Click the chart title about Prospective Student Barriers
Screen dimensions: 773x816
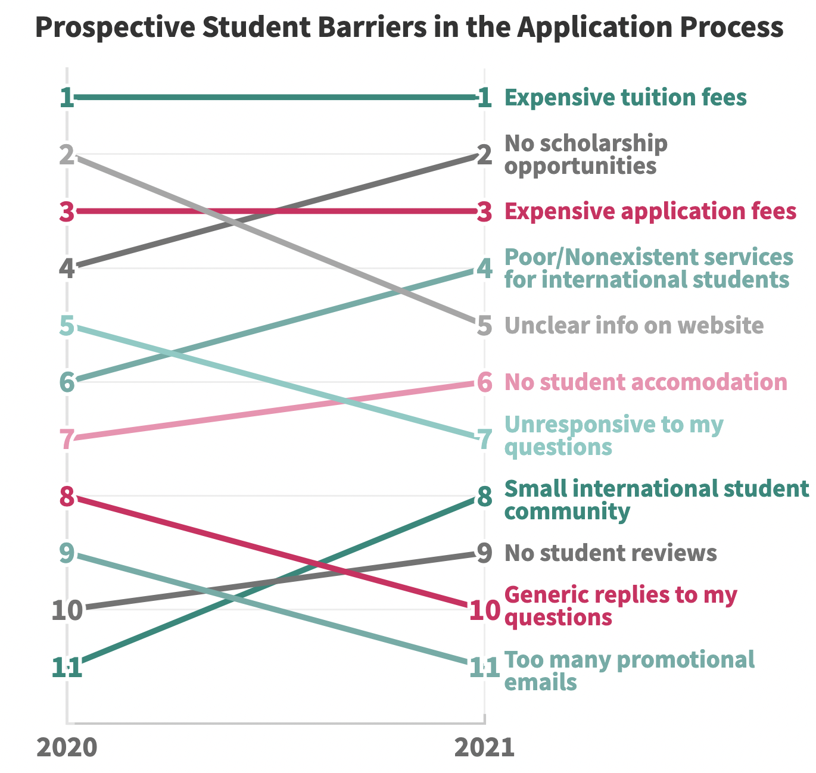(409, 27)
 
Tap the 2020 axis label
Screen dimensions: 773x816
(67, 747)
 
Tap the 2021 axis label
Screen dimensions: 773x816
(484, 747)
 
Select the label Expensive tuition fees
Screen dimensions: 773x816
(625, 97)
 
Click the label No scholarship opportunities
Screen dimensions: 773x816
(586, 154)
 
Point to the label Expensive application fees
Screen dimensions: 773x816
(650, 211)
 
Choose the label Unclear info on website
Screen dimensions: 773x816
(634, 326)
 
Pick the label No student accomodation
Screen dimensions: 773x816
(646, 382)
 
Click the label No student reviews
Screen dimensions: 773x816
(611, 553)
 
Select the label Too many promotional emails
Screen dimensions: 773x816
(630, 671)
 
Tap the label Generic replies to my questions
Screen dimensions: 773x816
(621, 606)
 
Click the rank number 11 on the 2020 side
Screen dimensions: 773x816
(67, 668)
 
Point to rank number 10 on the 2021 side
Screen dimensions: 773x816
(484, 610)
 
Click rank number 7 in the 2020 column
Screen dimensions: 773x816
(67, 440)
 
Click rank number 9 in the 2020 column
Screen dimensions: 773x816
(67, 554)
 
